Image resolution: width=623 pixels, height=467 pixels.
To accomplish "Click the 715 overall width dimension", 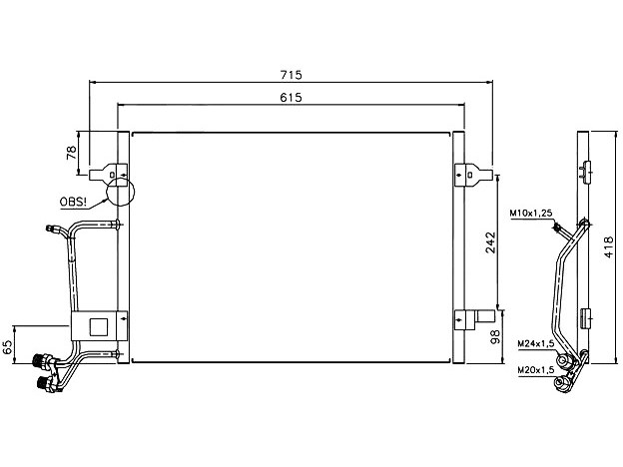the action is (x=292, y=74).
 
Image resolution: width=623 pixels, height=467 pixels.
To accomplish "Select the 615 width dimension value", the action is (x=292, y=97).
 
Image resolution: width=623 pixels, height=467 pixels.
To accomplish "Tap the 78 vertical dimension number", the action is (x=72, y=153).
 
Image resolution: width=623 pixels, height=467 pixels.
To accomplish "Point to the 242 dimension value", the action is (x=491, y=242).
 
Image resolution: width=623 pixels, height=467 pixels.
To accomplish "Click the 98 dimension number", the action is (x=495, y=336).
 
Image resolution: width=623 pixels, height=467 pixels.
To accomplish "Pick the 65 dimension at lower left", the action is (x=8, y=347).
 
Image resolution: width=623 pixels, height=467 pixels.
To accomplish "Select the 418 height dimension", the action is (x=609, y=247).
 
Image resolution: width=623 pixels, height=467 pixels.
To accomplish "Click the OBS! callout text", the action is (x=73, y=202).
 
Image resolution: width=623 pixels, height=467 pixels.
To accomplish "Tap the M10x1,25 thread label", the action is (x=531, y=214).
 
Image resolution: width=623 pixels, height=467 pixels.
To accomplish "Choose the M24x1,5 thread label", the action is (x=535, y=344).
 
